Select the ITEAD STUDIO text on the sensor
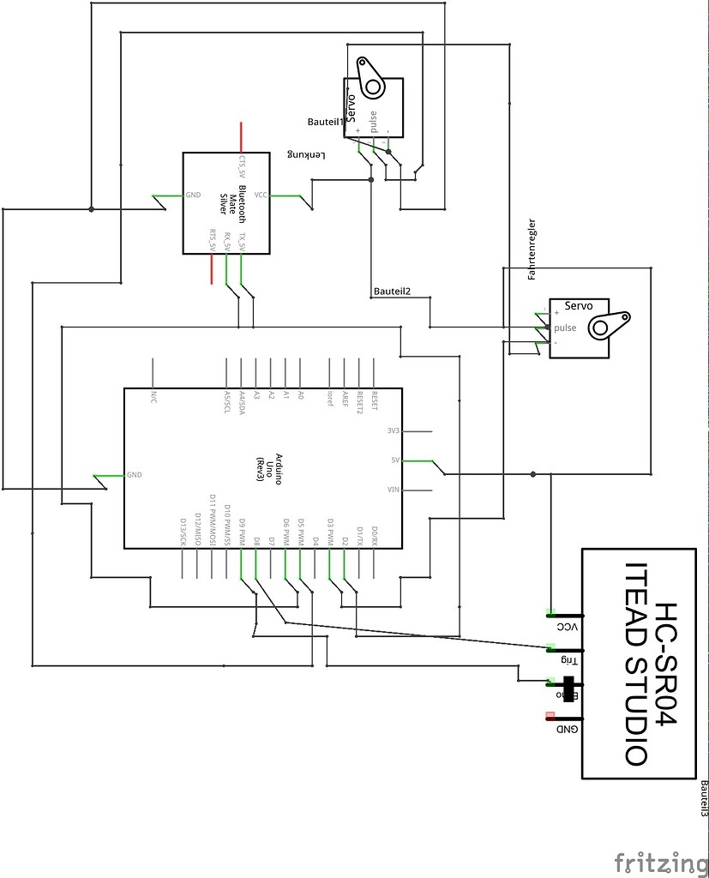tap(635, 664)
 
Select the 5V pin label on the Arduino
tap(395, 460)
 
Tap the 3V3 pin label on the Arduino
tap(394, 430)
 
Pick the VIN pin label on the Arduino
tap(394, 490)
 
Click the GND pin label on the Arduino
tap(134, 474)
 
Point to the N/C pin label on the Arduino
tap(154, 396)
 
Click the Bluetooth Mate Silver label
tap(232, 204)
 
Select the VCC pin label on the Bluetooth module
tap(261, 195)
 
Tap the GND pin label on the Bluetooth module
tap(193, 195)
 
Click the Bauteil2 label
tap(392, 291)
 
